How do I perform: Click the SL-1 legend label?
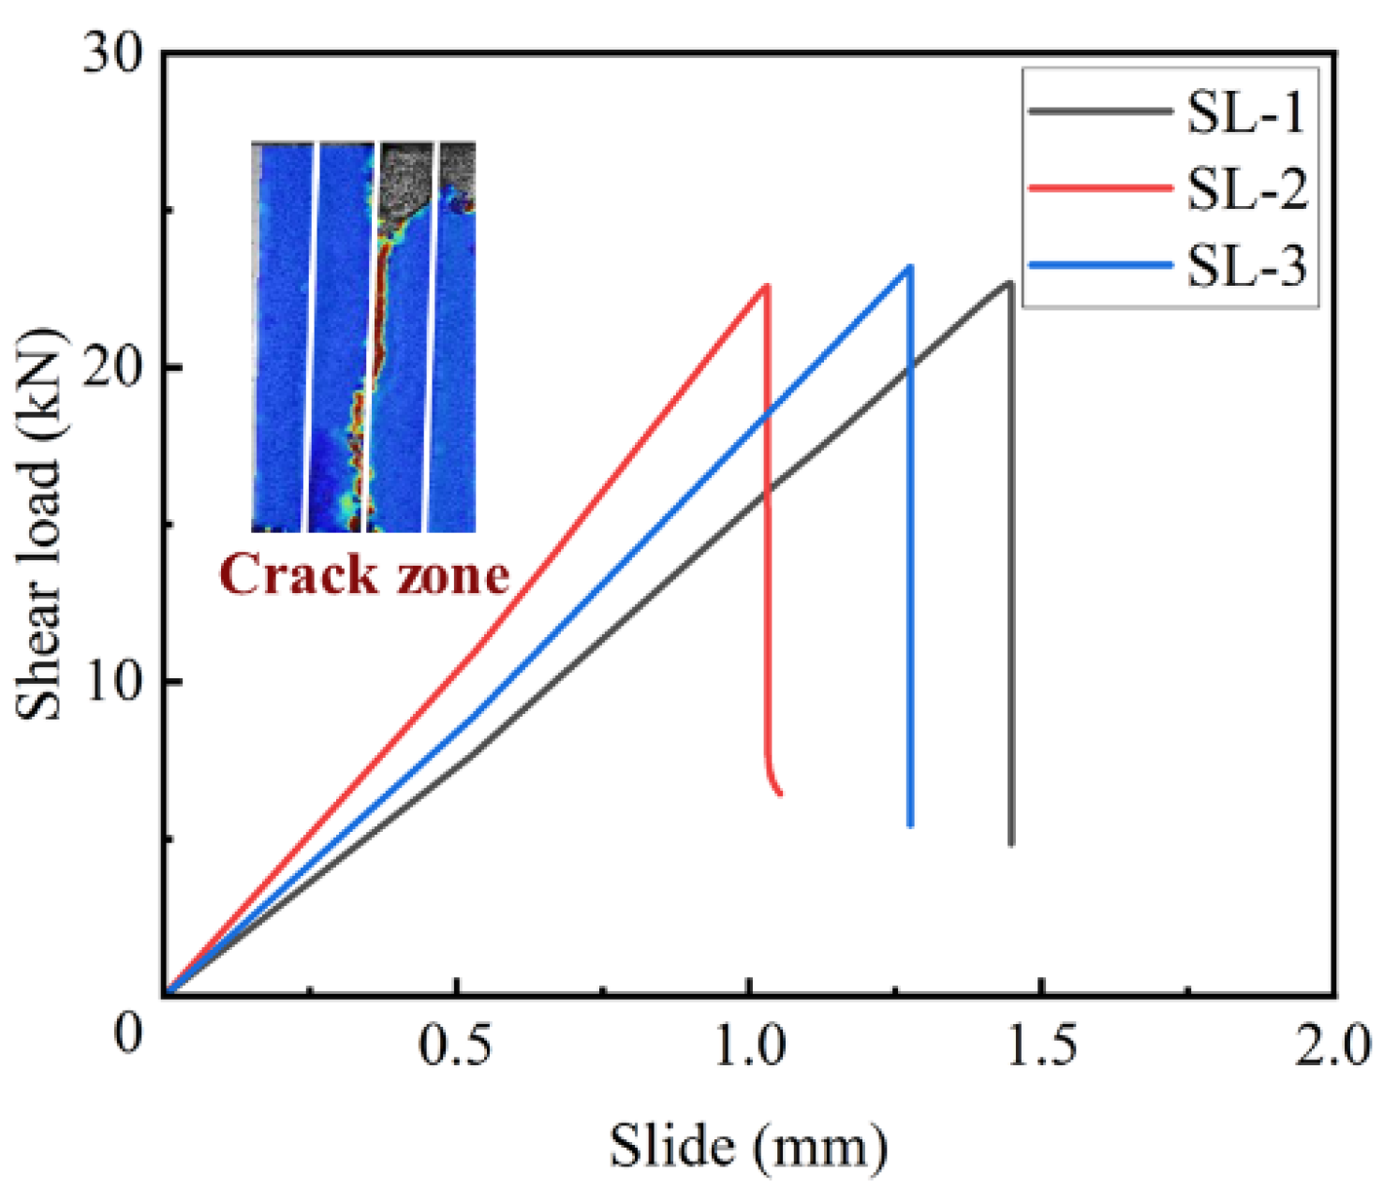(x=1246, y=112)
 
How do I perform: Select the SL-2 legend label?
(x=1246, y=189)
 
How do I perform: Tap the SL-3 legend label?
(x=1246, y=266)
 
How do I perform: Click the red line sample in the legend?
(x=1100, y=188)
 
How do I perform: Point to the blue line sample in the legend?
(x=1100, y=265)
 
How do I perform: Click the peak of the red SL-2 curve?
(x=767, y=286)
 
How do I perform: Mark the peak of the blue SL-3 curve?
(x=909, y=267)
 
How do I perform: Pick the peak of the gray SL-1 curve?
(x=1009, y=282)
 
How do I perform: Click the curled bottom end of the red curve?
(x=780, y=794)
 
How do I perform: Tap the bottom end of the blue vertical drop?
(x=910, y=825)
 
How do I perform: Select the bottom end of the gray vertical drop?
(x=1011, y=844)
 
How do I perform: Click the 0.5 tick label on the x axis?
(x=455, y=1046)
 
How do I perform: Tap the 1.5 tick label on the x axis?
(x=1041, y=1046)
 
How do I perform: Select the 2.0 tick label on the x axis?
(x=1332, y=1046)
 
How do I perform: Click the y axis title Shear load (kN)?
(x=39, y=525)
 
